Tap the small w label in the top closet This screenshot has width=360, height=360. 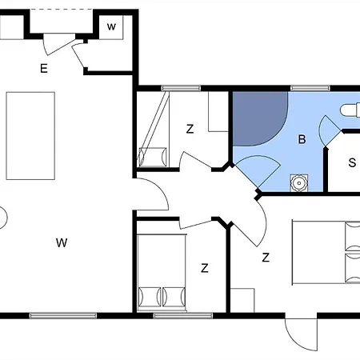112,26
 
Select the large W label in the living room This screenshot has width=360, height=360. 61,242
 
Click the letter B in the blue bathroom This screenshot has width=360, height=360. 302,140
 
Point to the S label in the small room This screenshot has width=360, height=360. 351,162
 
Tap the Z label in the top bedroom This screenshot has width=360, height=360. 190,128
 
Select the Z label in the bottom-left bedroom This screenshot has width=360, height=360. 205,267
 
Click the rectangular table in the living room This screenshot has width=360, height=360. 30,135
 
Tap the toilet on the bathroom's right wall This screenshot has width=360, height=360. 350,110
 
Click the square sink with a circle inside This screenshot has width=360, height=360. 298,182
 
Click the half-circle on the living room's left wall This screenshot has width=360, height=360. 2,217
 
